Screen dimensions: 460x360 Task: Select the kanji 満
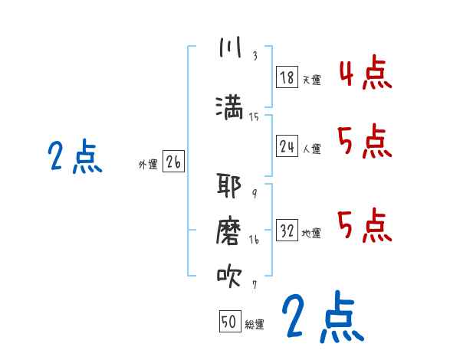(x=230, y=106)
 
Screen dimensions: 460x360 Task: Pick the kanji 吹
(x=230, y=277)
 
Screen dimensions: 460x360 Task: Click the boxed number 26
(x=173, y=162)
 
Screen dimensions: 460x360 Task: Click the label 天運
(x=311, y=79)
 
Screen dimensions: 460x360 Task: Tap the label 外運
(x=147, y=164)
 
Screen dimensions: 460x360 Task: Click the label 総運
(x=255, y=325)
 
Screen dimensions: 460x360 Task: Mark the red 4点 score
(x=365, y=74)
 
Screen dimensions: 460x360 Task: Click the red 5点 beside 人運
(x=365, y=142)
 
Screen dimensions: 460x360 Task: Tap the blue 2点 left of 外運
(x=74, y=157)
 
